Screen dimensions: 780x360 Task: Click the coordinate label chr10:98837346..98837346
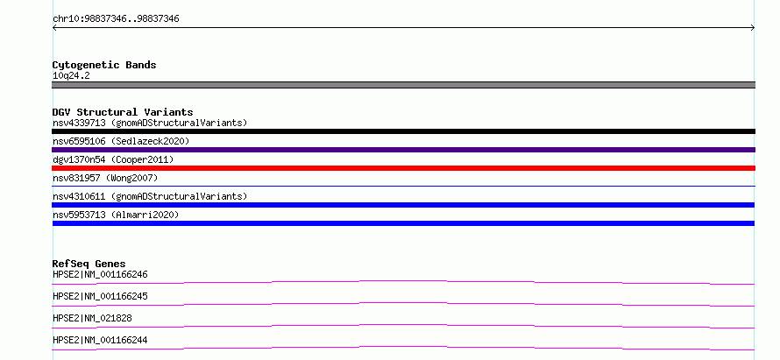click(x=116, y=19)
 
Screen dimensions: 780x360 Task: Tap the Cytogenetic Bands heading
click(x=104, y=65)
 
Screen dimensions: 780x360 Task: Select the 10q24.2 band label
click(x=71, y=76)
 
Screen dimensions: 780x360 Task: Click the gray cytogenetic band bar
click(x=403, y=85)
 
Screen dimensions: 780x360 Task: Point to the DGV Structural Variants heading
click(x=123, y=112)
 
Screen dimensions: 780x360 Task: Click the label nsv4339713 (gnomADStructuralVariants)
click(x=150, y=123)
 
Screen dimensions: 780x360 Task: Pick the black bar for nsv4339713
click(x=403, y=131)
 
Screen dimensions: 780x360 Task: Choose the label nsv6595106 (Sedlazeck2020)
click(x=121, y=141)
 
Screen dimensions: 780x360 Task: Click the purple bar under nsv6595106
click(x=403, y=150)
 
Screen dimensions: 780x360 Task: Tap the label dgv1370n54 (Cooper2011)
click(x=113, y=159)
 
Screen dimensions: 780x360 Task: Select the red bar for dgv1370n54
click(x=403, y=168)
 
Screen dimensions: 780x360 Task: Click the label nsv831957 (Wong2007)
click(x=105, y=178)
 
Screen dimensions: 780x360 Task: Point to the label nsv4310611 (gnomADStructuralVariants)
click(x=150, y=196)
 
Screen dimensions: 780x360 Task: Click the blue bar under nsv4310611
click(x=403, y=205)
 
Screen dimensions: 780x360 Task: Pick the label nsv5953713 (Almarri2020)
click(x=116, y=215)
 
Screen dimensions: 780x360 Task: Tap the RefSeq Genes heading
click(x=89, y=264)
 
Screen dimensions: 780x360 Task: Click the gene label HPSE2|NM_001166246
click(x=100, y=274)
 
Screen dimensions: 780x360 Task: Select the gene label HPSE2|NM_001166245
click(x=100, y=296)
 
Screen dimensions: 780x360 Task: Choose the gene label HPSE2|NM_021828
click(x=92, y=318)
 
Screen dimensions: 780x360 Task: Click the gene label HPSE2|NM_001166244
click(x=100, y=340)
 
